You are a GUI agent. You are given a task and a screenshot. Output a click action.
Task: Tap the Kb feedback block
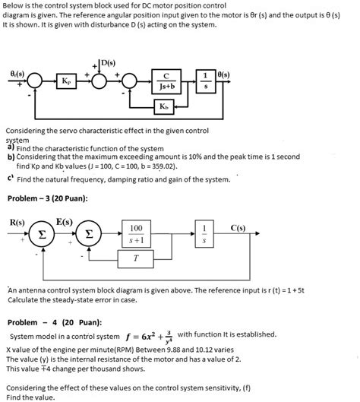pyautogui.click(x=165, y=106)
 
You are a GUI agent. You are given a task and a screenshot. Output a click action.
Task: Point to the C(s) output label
pyautogui.click(x=238, y=227)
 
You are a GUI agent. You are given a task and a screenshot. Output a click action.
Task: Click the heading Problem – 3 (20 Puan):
pyautogui.click(x=47, y=198)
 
